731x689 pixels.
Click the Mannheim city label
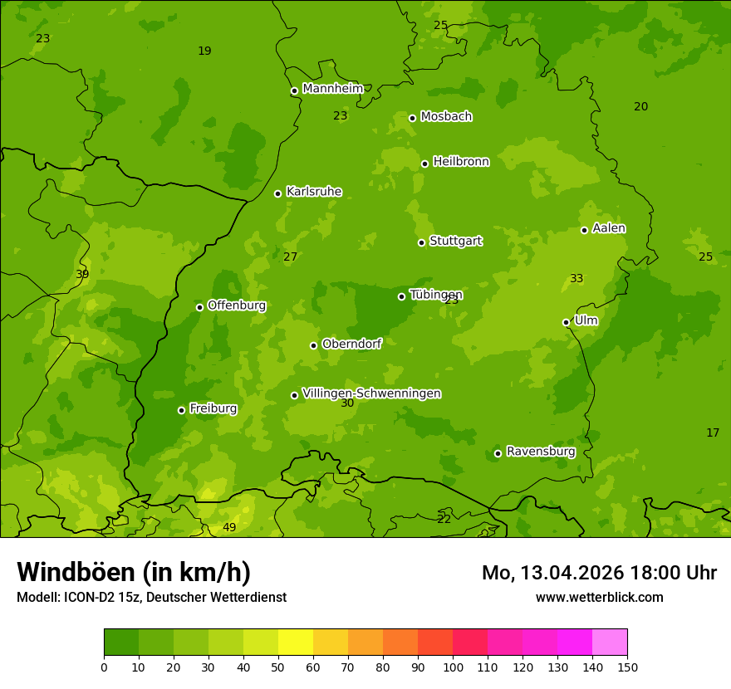tap(332, 89)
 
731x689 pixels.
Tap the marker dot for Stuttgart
tap(421, 242)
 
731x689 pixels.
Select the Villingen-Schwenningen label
tap(371, 393)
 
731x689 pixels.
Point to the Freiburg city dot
tap(181, 410)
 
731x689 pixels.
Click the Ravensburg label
tap(541, 452)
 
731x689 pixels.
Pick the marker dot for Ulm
tap(566, 322)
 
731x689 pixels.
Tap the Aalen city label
tap(609, 228)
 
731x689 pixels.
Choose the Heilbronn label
tap(461, 162)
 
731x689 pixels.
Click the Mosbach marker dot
tap(412, 118)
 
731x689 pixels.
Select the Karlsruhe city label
tap(313, 192)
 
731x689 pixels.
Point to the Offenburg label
tap(237, 305)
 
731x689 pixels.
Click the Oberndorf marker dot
tap(313, 345)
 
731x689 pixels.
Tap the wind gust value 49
tap(229, 528)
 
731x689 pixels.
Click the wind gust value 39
tap(82, 275)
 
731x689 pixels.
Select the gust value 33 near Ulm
tap(576, 279)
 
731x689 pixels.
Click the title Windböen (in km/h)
tap(134, 572)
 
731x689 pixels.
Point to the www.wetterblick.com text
tap(599, 597)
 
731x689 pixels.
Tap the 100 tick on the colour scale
tap(453, 667)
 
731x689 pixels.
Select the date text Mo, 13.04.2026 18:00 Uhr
tap(599, 573)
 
